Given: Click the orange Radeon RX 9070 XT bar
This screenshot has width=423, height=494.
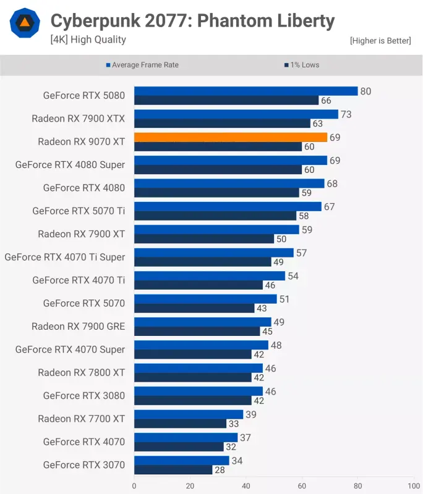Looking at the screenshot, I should coord(231,137).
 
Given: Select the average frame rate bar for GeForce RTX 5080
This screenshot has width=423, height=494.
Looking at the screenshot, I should coord(246,91).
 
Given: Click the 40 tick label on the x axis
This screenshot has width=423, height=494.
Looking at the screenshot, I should coord(246,486).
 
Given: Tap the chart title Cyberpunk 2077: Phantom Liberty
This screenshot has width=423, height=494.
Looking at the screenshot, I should coord(192,21).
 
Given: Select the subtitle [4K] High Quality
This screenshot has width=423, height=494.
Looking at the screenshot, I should coord(88,40).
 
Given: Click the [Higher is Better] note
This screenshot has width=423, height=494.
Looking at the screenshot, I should coord(380,41).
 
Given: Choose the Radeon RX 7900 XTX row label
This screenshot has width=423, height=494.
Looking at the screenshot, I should coord(79,119).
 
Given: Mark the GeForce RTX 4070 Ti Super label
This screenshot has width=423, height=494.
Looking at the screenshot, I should coord(65,257).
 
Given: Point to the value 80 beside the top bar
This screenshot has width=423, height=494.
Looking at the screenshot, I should coord(365,91).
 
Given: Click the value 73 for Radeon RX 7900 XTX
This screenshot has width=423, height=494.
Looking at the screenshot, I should coord(346,114).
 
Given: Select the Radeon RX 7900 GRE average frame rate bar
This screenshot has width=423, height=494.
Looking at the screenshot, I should coord(203,322).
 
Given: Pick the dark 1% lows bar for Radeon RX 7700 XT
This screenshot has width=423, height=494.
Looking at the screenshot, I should coord(180,424).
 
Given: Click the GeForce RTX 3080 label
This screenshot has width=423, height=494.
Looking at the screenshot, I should coord(83,396).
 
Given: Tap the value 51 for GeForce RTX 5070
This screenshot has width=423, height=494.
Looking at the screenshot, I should coord(284,299).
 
